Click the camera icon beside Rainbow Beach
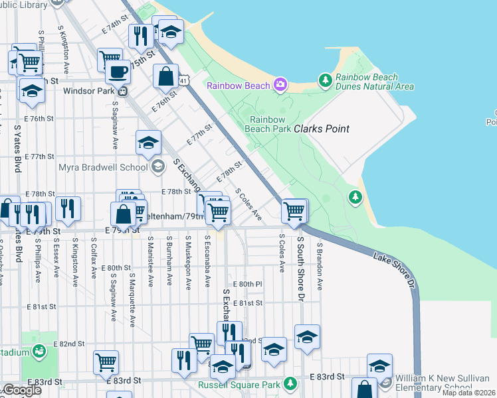(280, 85)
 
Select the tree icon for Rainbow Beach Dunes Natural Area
(325, 81)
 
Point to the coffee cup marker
(118, 72)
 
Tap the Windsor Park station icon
(124, 92)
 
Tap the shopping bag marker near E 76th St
(165, 76)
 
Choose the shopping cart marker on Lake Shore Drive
(294, 211)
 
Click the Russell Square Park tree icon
(290, 383)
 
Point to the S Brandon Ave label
(320, 265)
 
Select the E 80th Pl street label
(250, 283)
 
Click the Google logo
(21, 390)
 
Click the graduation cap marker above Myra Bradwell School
(149, 142)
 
